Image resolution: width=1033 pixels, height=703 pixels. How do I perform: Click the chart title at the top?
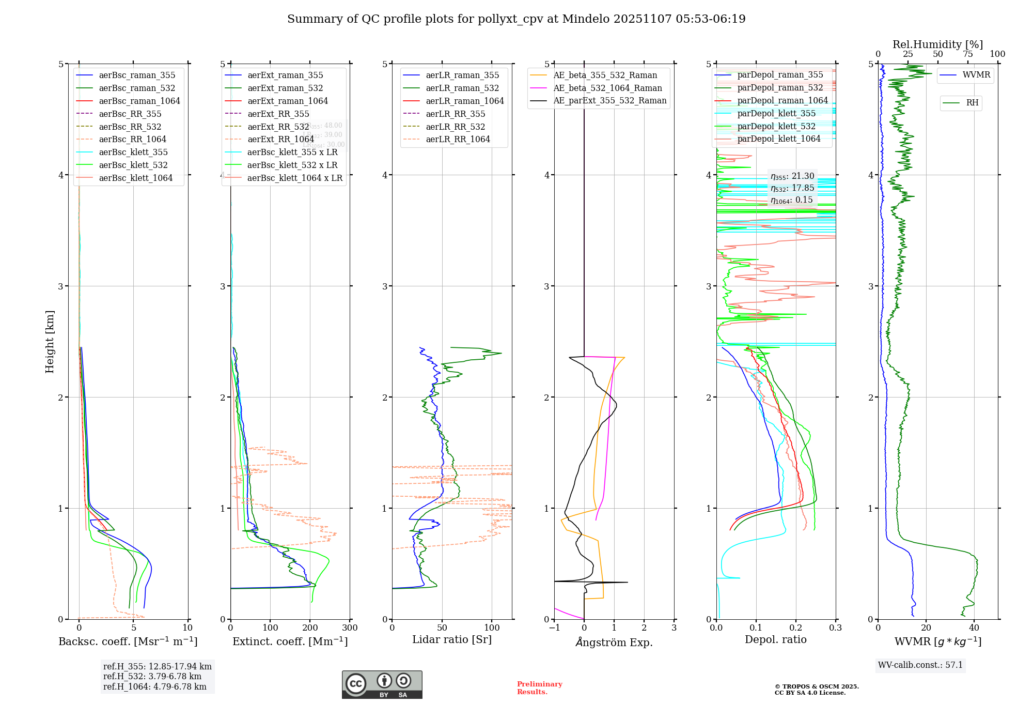pyautogui.click(x=516, y=19)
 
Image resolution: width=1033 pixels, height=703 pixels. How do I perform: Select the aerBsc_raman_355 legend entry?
pyautogui.click(x=137, y=75)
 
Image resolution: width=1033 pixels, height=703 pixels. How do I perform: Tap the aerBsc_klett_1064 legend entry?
pyautogui.click(x=135, y=178)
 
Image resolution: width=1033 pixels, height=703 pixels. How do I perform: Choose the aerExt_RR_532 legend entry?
pyautogui.click(x=278, y=127)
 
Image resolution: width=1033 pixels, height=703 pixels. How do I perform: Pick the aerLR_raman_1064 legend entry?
pyautogui.click(x=464, y=101)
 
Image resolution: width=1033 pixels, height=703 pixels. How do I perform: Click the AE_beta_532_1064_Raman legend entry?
pyautogui.click(x=607, y=88)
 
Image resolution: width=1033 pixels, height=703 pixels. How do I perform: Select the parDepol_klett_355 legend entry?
pyautogui.click(x=776, y=114)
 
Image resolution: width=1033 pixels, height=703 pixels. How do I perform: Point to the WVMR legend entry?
pyautogui.click(x=976, y=75)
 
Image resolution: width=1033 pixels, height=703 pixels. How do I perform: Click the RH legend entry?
pyautogui.click(x=972, y=103)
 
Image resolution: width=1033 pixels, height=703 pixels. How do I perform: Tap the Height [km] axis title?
pyautogui.click(x=50, y=342)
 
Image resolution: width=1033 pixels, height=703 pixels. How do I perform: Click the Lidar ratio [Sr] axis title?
pyautogui.click(x=452, y=640)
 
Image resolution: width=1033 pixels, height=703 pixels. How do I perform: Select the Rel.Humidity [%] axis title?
pyautogui.click(x=937, y=44)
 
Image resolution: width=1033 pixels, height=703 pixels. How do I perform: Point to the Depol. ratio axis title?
pyautogui.click(x=775, y=640)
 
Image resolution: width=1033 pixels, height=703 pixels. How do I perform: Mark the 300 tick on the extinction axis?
pyautogui.click(x=350, y=628)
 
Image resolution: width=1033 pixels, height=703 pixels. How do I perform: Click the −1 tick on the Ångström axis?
pyautogui.click(x=554, y=628)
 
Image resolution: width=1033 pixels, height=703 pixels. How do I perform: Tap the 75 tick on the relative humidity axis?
pyautogui.click(x=967, y=54)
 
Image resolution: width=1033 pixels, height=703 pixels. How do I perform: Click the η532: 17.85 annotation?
pyautogui.click(x=792, y=188)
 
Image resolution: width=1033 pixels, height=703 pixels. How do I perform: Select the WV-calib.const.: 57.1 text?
pyautogui.click(x=920, y=665)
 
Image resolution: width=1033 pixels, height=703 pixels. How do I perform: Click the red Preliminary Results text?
pyautogui.click(x=539, y=688)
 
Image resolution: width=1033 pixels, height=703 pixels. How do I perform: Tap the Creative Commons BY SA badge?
pyautogui.click(x=382, y=685)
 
